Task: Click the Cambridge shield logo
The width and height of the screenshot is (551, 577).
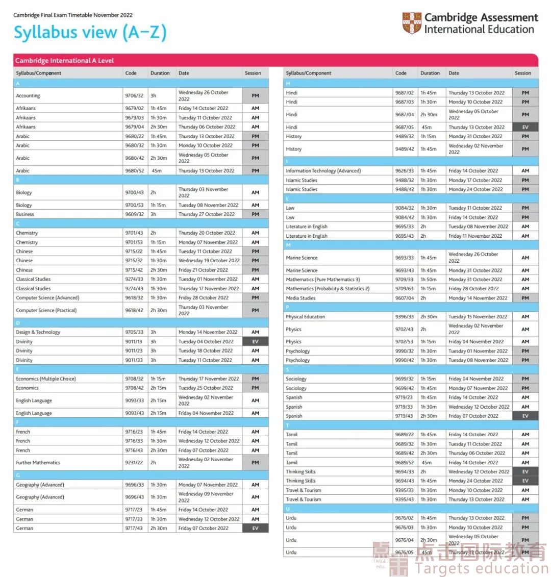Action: point(412,24)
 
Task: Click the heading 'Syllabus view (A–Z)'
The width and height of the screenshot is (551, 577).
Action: point(90,33)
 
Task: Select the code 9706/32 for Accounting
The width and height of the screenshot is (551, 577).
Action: point(134,96)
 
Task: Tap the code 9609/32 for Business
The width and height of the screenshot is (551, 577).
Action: point(134,214)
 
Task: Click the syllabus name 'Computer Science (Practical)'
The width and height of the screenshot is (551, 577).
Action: point(46,310)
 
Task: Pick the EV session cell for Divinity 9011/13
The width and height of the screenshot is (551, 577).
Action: point(255,342)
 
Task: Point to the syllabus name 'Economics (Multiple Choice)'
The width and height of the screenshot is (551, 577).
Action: point(46,379)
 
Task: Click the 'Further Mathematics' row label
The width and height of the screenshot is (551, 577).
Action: point(38,463)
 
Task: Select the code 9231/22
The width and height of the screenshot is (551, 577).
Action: point(134,463)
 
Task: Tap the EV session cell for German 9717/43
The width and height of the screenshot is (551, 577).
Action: point(255,529)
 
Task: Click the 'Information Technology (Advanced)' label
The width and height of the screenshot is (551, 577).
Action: point(323,171)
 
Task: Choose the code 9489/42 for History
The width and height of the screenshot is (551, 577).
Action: point(405,149)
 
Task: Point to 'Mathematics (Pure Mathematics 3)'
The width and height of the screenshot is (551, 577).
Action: point(323,280)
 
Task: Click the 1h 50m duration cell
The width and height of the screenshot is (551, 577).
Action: point(429,280)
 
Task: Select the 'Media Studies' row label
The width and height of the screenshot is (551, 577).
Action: point(300,298)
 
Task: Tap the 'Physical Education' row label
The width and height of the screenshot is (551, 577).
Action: point(305,317)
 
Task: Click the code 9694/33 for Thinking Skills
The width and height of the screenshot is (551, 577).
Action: point(405,472)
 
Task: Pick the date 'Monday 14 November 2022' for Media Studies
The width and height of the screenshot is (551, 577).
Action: point(478,298)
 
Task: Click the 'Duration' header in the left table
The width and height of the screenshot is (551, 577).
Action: point(160,73)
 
